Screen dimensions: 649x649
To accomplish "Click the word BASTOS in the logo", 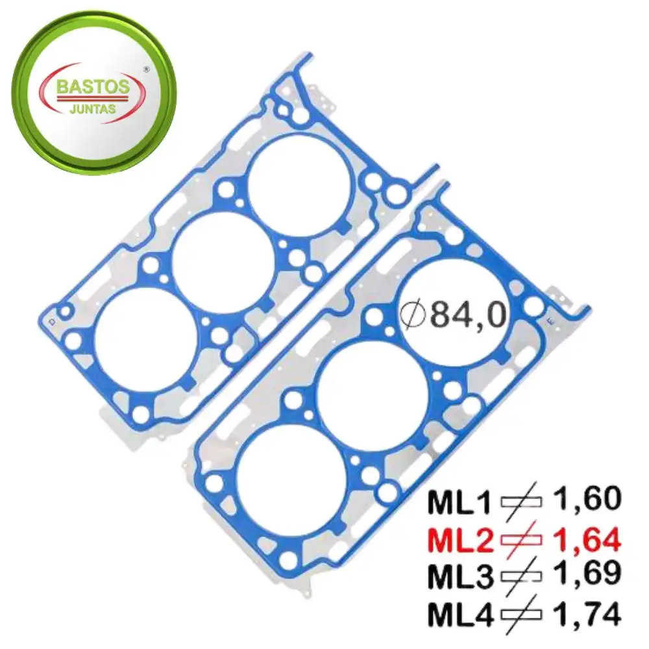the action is click(93, 86).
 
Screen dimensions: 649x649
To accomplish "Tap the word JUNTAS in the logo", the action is click(93, 110).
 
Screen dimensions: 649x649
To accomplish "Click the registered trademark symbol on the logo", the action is click(146, 70).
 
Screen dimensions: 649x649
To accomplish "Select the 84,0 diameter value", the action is click(468, 315).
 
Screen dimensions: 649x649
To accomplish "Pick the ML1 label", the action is click(459, 502).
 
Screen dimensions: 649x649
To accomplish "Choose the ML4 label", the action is click(461, 615).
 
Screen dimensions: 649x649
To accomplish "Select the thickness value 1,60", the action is click(587, 498).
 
